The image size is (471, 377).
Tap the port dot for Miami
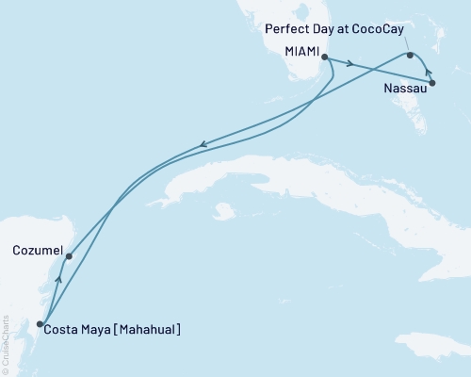324,58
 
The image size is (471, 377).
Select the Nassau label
404,90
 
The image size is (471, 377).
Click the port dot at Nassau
432,84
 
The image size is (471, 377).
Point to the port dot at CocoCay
410,56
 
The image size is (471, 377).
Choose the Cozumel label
39,252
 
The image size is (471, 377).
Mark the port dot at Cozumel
69,255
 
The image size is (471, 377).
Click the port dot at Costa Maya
40,324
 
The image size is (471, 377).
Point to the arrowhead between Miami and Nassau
349,64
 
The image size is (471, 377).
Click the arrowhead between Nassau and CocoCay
429,72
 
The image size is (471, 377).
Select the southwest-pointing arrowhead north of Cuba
202,145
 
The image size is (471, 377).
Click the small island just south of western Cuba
223,210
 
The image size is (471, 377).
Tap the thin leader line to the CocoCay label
405,43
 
